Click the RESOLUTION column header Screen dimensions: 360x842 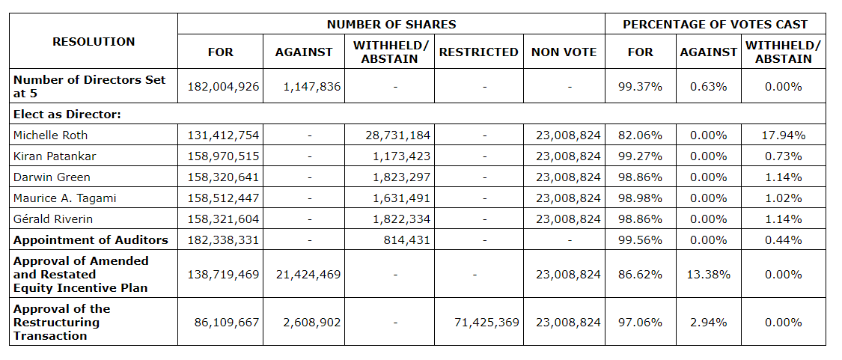click(x=94, y=42)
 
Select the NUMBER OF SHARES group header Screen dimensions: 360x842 click(x=391, y=25)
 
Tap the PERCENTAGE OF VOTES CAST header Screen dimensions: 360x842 click(x=715, y=25)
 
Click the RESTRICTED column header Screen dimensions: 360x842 click(x=478, y=52)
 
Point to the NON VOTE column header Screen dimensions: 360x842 click(x=564, y=52)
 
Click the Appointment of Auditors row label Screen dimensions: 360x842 click(x=91, y=240)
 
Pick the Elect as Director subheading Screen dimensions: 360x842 click(x=67, y=115)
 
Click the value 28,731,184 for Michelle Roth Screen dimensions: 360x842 click(x=395, y=135)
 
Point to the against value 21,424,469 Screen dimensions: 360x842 click(x=303, y=275)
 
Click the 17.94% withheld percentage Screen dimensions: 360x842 click(x=783, y=135)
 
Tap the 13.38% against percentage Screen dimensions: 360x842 click(x=708, y=275)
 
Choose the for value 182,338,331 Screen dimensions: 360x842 click(x=222, y=240)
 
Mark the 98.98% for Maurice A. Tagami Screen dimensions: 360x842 click(x=640, y=198)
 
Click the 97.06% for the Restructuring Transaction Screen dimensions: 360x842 click(x=640, y=323)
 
